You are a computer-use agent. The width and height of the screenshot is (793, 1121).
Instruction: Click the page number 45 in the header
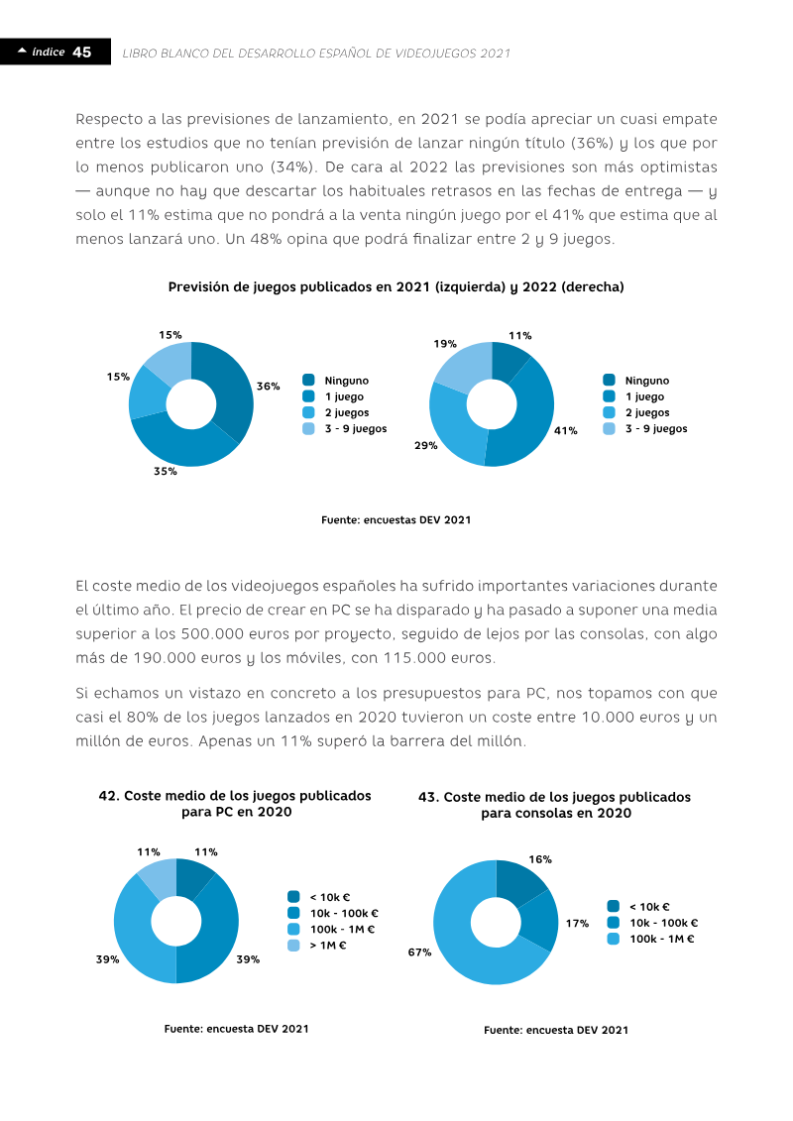[82, 53]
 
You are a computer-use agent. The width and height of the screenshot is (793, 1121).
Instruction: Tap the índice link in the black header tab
[48, 52]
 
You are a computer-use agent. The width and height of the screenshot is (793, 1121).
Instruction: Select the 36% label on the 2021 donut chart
[269, 387]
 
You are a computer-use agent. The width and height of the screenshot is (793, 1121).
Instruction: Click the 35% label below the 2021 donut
[166, 471]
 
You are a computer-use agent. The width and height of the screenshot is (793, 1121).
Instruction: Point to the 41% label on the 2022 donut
[566, 430]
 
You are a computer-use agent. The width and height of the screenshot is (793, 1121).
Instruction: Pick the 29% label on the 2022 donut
[426, 445]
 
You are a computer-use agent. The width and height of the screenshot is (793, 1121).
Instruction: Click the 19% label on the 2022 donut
[445, 344]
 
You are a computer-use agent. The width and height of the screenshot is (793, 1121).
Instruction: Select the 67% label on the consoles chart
[419, 953]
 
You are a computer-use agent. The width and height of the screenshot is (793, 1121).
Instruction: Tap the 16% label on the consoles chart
[540, 859]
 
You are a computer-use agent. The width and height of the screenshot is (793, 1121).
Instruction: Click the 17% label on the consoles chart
[577, 924]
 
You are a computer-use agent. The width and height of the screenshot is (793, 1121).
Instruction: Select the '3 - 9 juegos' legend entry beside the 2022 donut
[645, 429]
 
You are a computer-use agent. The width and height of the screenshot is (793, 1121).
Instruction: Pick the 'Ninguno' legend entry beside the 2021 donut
[335, 381]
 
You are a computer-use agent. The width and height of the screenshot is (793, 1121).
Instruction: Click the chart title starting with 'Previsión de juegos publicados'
[396, 286]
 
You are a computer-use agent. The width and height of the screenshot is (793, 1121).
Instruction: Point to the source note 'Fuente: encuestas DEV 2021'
[396, 519]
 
